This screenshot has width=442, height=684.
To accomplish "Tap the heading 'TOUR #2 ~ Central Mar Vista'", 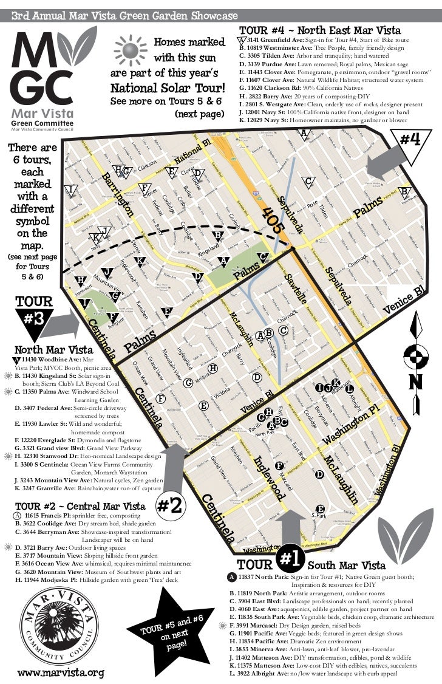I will [x=80, y=506].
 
